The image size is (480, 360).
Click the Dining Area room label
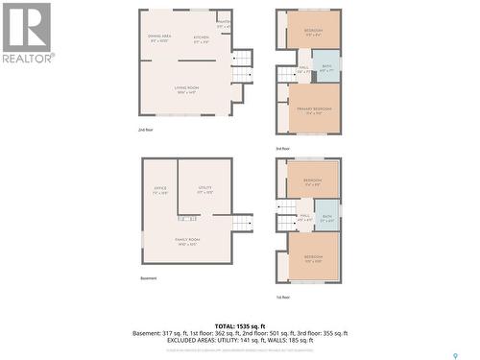(160, 36)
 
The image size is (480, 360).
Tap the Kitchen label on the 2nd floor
(202, 39)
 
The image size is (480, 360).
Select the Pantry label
(224, 22)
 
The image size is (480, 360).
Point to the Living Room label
(186, 89)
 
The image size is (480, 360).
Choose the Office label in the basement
(160, 188)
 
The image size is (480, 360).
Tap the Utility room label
(204, 188)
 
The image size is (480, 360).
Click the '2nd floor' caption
(145, 129)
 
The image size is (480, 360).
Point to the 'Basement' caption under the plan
(148, 278)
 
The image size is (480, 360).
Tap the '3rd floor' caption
(283, 148)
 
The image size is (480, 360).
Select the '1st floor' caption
(283, 297)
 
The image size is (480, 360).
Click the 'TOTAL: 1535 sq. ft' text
(240, 326)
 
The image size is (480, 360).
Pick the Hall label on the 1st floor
(304, 216)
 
